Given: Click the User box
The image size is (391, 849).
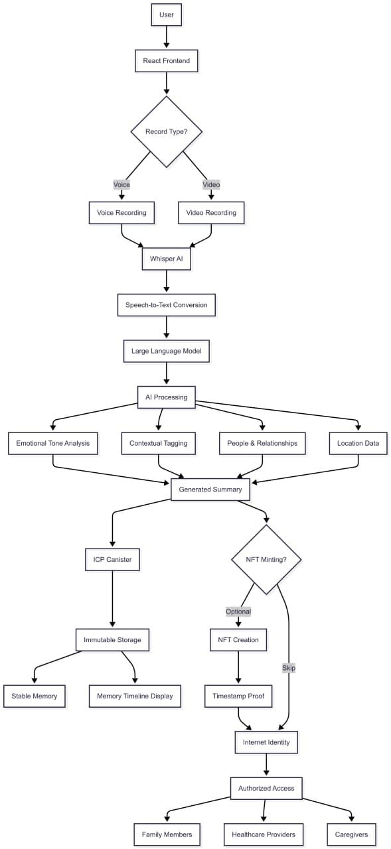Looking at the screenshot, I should (166, 15).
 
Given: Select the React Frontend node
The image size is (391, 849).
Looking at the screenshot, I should (166, 61).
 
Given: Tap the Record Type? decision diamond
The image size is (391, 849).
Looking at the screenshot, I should (166, 131).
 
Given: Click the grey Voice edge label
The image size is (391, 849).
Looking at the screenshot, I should (121, 184).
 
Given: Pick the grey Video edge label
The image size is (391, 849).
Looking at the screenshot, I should (211, 184).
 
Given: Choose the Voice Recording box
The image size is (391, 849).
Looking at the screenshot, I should (121, 212).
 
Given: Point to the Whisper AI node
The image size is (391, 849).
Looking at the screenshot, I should (166, 259).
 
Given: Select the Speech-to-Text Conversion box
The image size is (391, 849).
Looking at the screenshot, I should (166, 305).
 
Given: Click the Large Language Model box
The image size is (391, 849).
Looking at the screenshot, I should (166, 351).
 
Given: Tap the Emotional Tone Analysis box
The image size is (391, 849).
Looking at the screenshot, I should (53, 443).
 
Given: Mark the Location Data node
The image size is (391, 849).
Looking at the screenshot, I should (358, 443).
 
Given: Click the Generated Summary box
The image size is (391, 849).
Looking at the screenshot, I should (210, 490).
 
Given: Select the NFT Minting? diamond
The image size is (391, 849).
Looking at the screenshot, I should (266, 559).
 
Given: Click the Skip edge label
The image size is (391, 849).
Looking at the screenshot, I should (289, 668).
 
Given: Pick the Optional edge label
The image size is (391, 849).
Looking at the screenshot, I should (238, 612).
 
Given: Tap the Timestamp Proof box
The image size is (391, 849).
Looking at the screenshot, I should (238, 696).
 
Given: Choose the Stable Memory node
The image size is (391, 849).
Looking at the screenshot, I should (35, 696).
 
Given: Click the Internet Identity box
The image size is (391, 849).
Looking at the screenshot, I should (266, 742).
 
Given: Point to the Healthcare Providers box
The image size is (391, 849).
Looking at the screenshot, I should (264, 834).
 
